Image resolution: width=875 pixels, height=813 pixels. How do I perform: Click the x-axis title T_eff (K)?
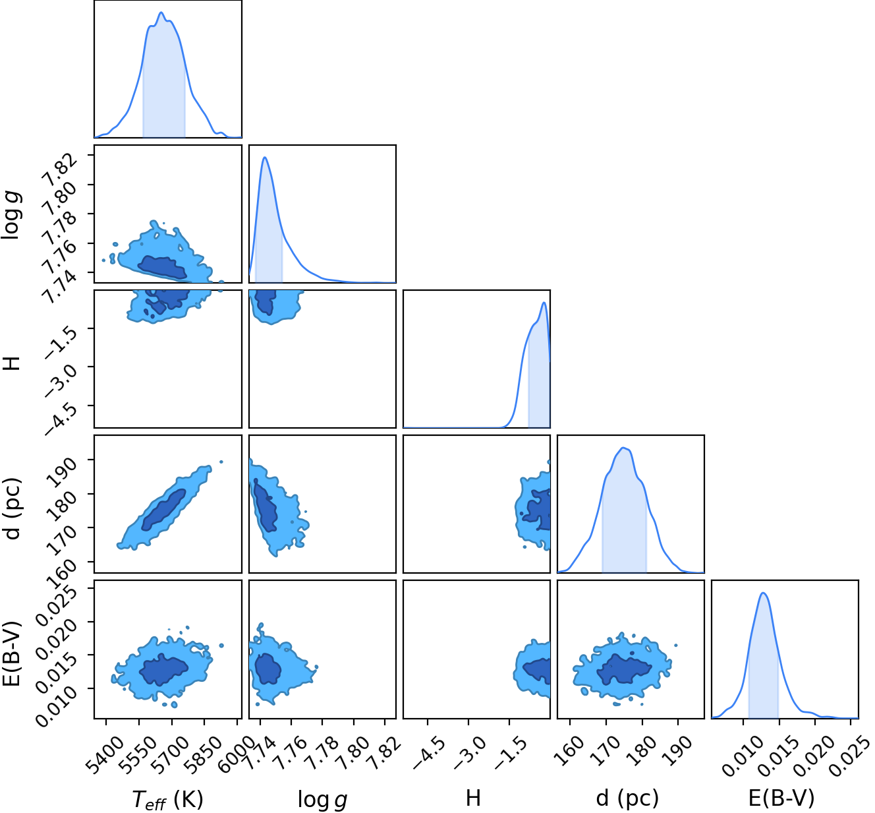pyautogui.click(x=167, y=799)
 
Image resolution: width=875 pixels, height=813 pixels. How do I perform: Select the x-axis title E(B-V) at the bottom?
pyautogui.click(x=781, y=798)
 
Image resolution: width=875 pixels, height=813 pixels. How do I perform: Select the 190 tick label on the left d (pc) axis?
pyautogui.click(x=61, y=471)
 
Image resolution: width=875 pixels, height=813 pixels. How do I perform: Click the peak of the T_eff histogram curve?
pyautogui.click(x=161, y=13)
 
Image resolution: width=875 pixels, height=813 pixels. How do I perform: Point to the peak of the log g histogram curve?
pyautogui.click(x=265, y=157)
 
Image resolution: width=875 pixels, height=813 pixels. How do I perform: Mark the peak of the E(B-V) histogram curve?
pyautogui.click(x=764, y=593)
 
